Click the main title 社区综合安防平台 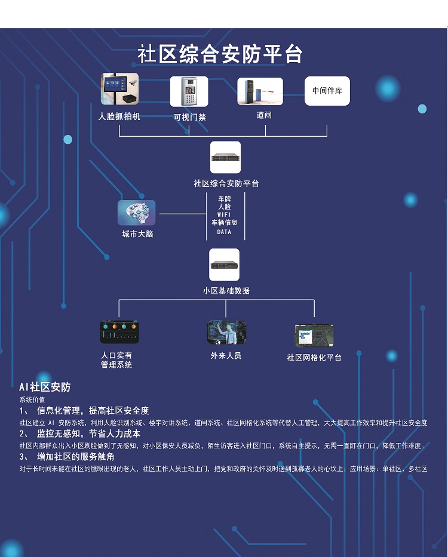(x=220, y=54)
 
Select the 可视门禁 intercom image (x=189, y=91)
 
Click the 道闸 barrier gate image (x=260, y=91)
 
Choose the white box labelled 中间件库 (x=327, y=91)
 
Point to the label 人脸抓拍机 (x=119, y=116)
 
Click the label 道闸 (x=263, y=115)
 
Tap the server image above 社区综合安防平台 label (x=225, y=158)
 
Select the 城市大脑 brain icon (x=136, y=213)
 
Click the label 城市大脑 (x=137, y=234)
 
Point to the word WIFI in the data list (x=224, y=214)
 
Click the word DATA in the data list (x=224, y=232)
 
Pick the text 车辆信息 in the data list (x=224, y=223)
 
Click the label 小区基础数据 (x=226, y=291)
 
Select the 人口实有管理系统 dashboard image (x=119, y=332)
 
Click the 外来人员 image (x=226, y=332)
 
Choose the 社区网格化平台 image (x=314, y=336)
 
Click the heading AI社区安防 (x=45, y=387)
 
